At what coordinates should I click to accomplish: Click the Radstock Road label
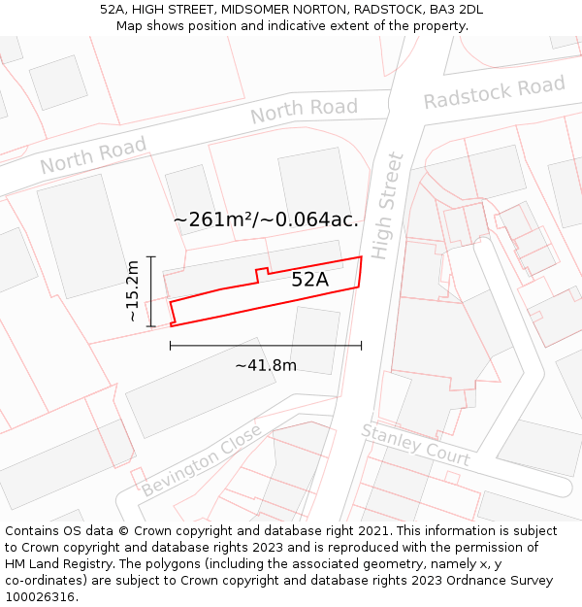pos(494,92)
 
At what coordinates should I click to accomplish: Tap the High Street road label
pos(386,205)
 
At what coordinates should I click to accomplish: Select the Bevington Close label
pos(201,460)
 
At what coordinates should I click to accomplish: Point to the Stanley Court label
pos(415,444)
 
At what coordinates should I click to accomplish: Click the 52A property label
pos(309,280)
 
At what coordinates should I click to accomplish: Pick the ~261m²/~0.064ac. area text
pos(266,219)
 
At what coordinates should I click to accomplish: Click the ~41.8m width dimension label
pos(265,365)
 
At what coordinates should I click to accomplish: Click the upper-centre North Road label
pos(304,111)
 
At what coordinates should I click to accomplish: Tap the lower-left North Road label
pos(93,155)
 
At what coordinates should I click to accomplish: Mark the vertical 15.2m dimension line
pos(150,291)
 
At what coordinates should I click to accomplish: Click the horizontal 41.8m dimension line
pos(265,345)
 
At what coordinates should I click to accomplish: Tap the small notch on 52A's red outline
pos(261,273)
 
